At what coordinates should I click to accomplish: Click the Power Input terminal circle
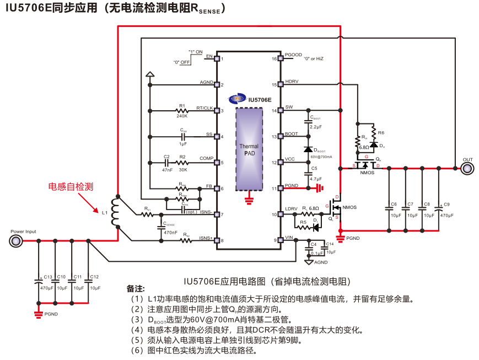(x=16, y=241)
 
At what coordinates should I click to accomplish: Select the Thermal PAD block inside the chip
(x=249, y=149)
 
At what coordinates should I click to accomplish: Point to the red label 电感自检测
(x=71, y=187)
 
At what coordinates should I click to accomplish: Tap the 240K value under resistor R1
(x=182, y=116)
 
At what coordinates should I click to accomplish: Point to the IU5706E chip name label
(x=260, y=100)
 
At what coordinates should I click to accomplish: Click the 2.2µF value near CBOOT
(x=316, y=127)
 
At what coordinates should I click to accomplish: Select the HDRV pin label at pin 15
(x=292, y=82)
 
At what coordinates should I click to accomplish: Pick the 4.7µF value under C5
(x=315, y=179)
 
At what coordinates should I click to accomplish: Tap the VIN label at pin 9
(x=289, y=237)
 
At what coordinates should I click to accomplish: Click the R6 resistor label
(x=381, y=133)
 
